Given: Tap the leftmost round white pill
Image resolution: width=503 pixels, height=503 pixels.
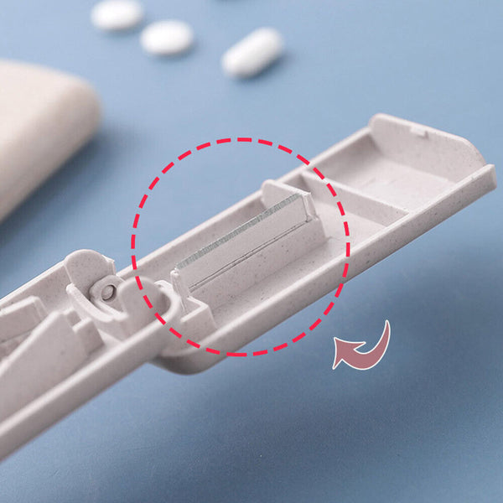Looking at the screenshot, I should [x=117, y=14].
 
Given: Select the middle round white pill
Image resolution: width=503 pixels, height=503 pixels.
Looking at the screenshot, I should [x=166, y=38].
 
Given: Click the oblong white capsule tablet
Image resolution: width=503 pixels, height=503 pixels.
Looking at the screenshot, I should [x=252, y=52].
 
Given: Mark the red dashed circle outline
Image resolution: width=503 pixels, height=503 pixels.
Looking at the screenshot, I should [x=239, y=140].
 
